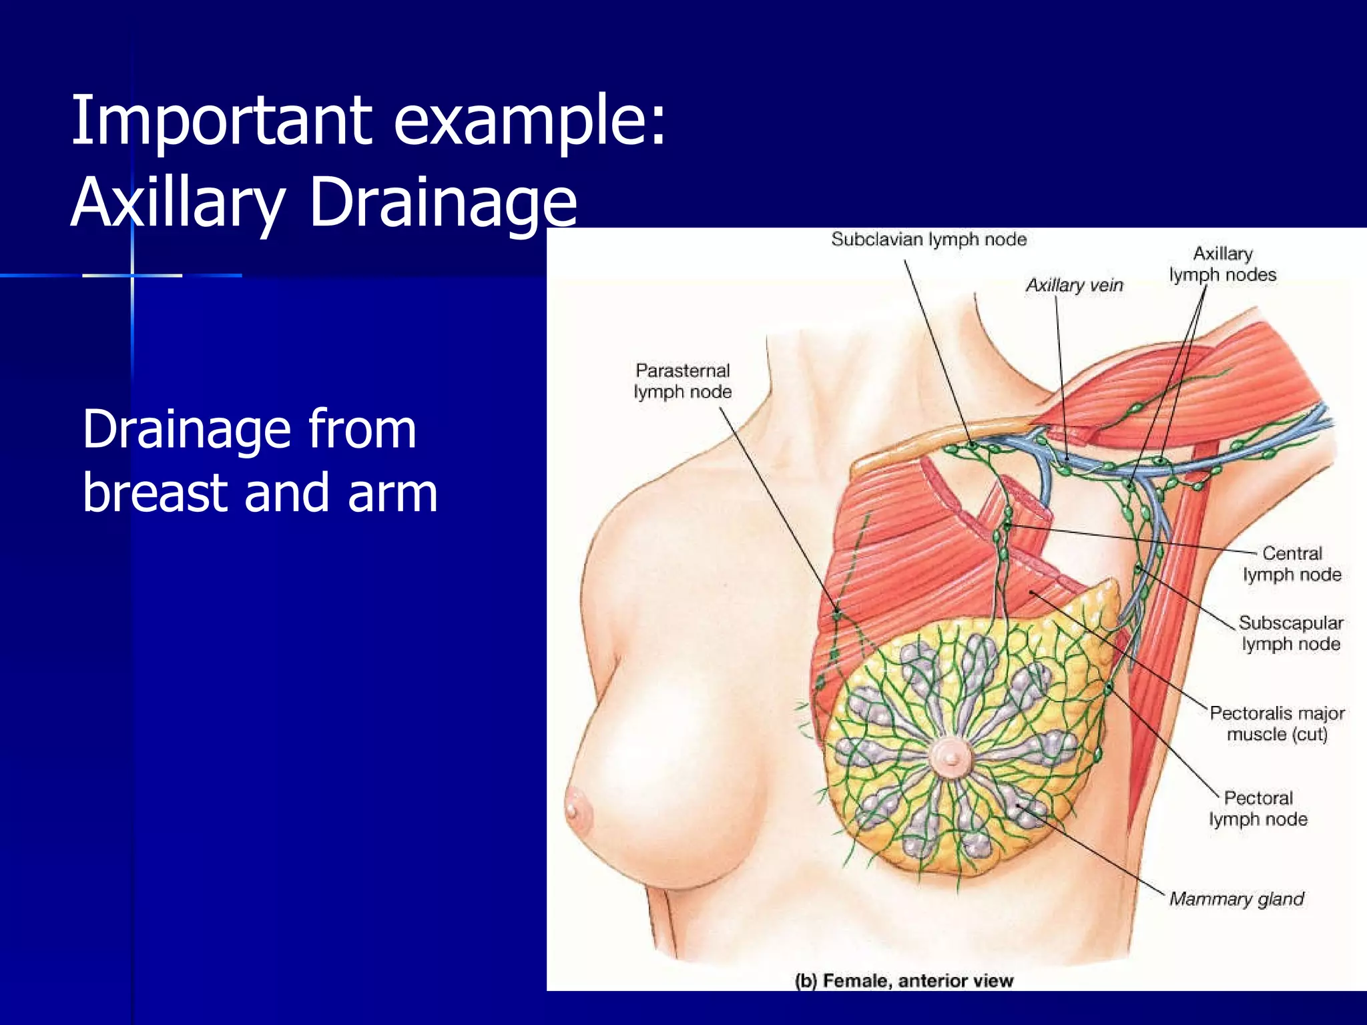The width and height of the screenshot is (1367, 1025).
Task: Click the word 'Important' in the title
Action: [x=221, y=121]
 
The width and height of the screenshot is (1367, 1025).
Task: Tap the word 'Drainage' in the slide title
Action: [x=443, y=202]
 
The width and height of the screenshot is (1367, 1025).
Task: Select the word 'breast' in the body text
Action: [x=155, y=492]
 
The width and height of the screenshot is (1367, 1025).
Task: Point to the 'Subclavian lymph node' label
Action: [x=928, y=239]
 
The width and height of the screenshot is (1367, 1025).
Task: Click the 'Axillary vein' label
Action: [x=1074, y=285]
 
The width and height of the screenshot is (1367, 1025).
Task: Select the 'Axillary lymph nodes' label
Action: [x=1222, y=264]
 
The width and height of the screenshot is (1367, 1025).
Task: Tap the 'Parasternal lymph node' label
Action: [x=682, y=381]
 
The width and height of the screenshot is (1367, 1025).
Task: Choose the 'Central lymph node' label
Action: [x=1292, y=564]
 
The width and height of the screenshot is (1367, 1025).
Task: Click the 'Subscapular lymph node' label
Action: [x=1291, y=633]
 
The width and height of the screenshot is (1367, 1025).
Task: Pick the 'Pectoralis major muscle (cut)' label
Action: [x=1277, y=724]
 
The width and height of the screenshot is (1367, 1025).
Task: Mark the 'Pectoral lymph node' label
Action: [x=1258, y=808]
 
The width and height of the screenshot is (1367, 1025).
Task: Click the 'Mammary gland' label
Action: [x=1236, y=899]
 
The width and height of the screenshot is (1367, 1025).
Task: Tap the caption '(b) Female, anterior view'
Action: [x=904, y=980]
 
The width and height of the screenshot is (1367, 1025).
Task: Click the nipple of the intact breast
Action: [x=573, y=809]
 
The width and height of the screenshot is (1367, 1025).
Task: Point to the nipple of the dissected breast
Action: [x=950, y=758]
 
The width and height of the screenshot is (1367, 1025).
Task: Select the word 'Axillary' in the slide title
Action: [x=178, y=202]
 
